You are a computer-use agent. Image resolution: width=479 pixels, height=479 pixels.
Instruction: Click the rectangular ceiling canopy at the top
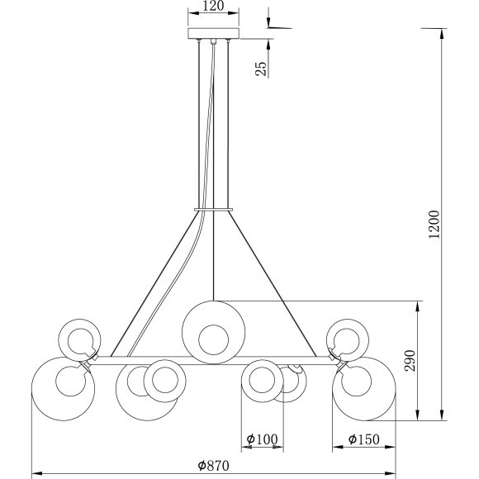tap(214, 34)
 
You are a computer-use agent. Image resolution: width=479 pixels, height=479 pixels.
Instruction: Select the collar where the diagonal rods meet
tap(214, 211)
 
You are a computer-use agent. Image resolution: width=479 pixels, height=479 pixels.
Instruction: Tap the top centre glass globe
tap(214, 330)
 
